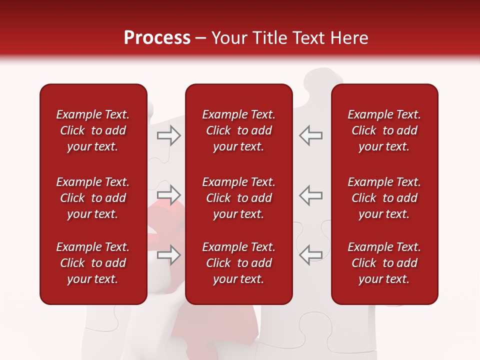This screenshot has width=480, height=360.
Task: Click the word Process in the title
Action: pos(157,38)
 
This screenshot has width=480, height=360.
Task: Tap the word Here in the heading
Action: pos(348,38)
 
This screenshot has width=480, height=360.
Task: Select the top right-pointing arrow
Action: pos(169,135)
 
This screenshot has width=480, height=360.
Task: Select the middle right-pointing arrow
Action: pos(169,194)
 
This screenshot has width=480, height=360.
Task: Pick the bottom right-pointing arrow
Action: pos(169,254)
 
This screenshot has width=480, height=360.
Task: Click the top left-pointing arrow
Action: pos(310,135)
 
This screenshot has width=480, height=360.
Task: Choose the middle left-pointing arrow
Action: pos(310,194)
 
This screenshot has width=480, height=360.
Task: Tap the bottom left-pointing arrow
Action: pos(310,254)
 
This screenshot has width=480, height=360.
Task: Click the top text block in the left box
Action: pos(93,130)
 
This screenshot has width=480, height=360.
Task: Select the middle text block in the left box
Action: pos(93,198)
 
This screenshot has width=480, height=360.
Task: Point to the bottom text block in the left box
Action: pos(93,263)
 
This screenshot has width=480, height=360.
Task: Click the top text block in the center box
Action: pos(238,130)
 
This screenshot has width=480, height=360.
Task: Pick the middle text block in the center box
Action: pos(238,198)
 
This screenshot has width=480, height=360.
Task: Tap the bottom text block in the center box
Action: pos(238,263)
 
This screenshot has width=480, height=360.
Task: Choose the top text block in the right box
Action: pos(384,130)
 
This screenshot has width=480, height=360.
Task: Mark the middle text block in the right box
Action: pos(384,198)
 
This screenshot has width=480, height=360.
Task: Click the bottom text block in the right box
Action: pos(384,263)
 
